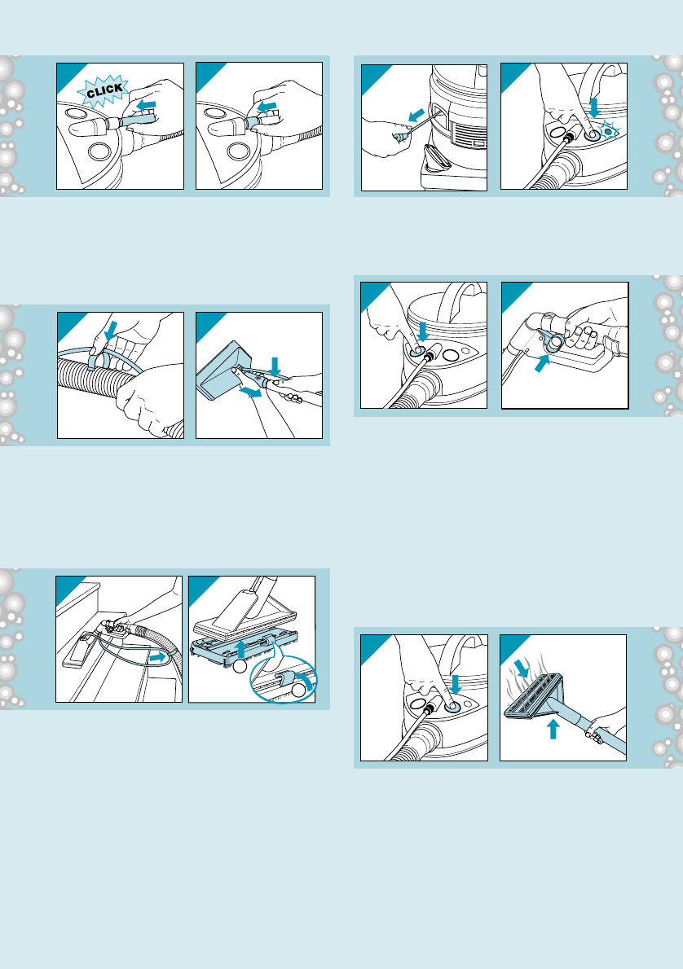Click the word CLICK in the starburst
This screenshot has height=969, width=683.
[104, 91]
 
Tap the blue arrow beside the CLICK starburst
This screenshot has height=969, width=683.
[146, 106]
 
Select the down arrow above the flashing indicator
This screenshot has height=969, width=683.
[594, 107]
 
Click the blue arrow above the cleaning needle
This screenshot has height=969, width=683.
[417, 115]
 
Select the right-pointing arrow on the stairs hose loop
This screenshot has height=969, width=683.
[159, 658]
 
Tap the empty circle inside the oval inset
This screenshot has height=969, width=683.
[299, 691]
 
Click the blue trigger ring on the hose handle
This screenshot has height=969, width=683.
[553, 342]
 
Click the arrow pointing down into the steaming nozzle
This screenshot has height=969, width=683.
[522, 668]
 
